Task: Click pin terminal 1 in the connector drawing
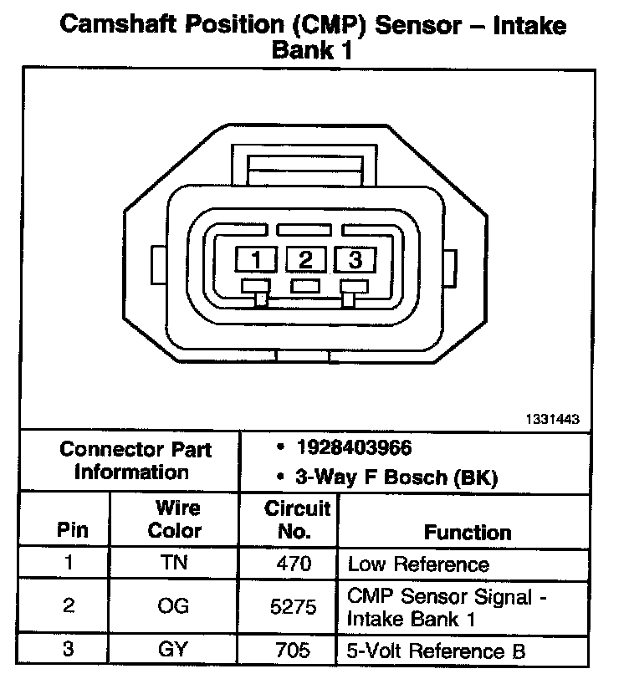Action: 257,260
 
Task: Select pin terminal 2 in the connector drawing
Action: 306,260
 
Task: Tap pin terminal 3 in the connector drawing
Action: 355,260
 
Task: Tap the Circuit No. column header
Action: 298,519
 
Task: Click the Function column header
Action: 468,533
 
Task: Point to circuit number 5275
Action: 294,608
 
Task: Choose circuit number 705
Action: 294,650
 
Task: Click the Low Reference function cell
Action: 417,564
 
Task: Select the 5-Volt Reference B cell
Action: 437,650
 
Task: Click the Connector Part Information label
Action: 136,460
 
